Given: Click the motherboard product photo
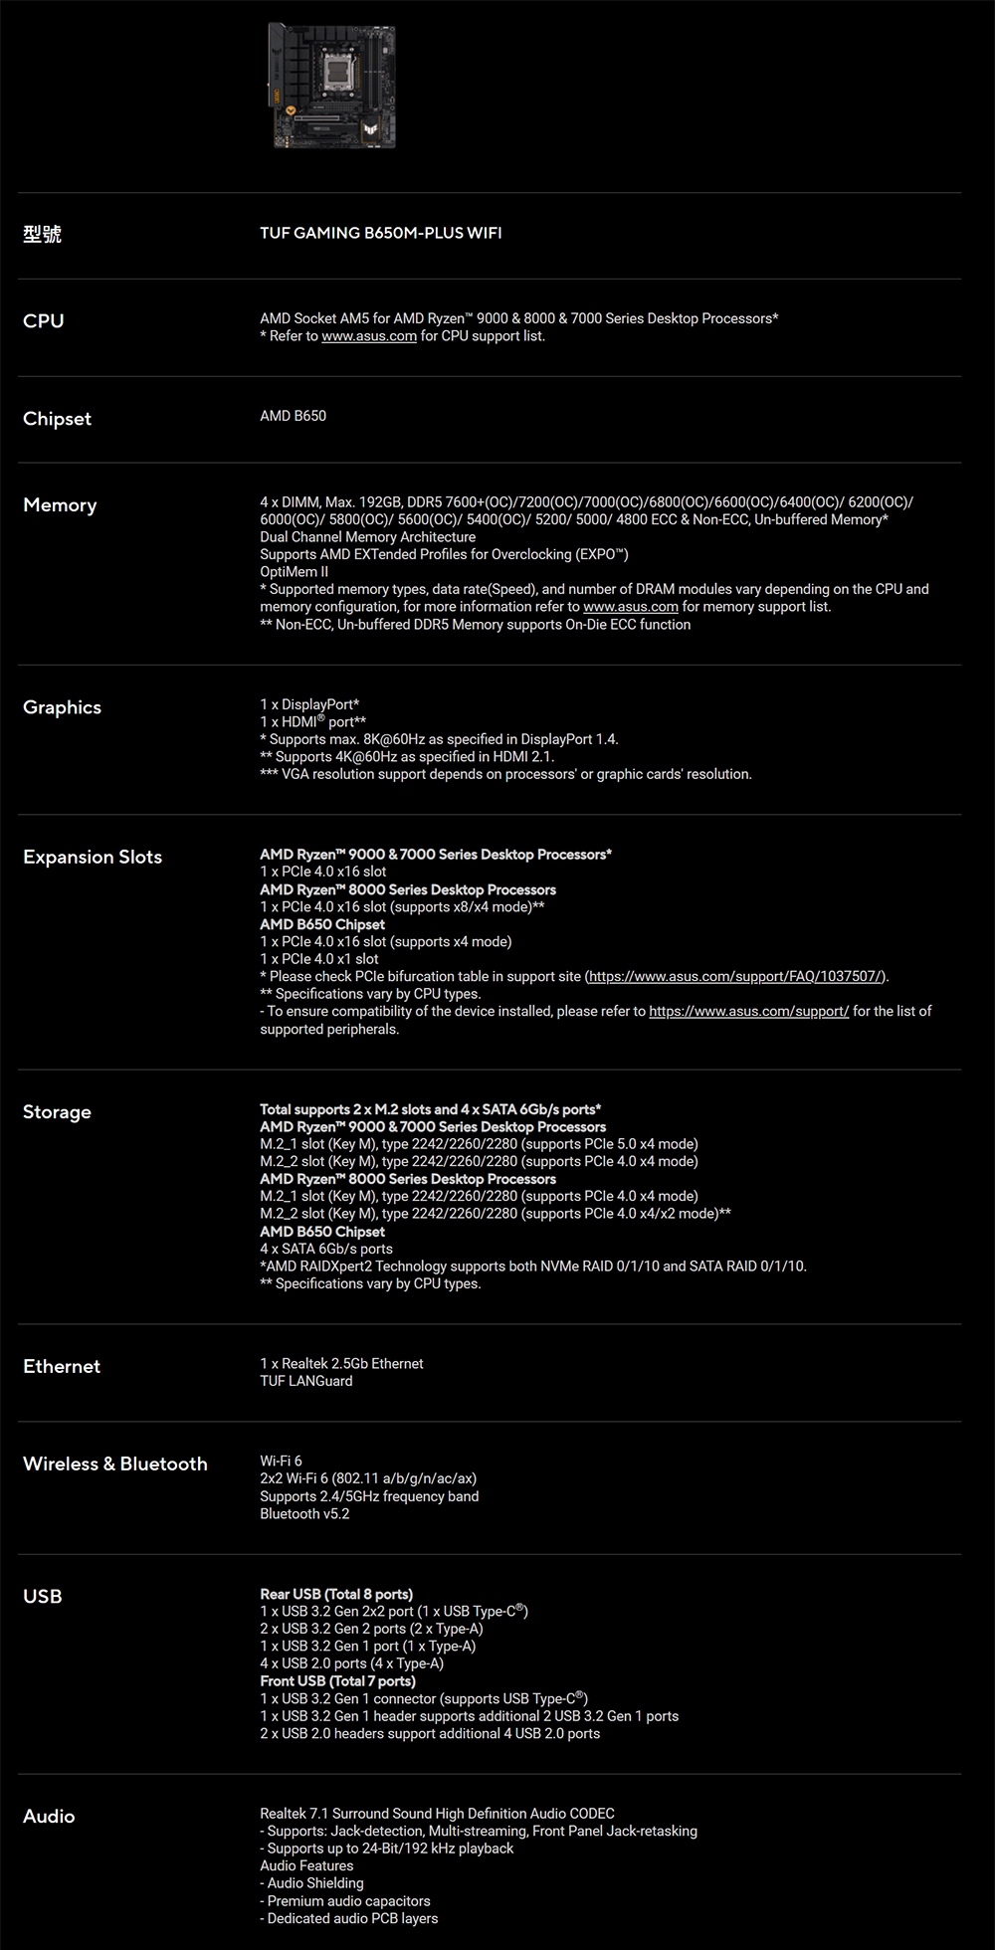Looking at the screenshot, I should coord(333,86).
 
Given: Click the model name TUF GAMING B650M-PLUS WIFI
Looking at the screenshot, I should coord(380,233).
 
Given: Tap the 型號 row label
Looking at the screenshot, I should coord(42,234).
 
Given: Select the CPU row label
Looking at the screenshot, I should coord(44,320).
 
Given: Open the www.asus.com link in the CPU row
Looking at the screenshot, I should coord(369,336).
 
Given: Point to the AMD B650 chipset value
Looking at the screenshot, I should coord(293,416).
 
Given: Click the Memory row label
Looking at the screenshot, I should coord(60,505).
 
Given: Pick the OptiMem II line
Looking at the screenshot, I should coord(294,572).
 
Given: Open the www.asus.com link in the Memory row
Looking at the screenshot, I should coord(630,607).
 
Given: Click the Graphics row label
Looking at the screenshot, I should coord(62,707).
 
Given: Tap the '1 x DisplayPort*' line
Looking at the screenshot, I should coord(309,704).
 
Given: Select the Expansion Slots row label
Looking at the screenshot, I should coord(93,857).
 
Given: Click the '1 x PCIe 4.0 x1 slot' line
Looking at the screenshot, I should coord(318,959).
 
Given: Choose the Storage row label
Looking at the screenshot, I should coord(57,1111).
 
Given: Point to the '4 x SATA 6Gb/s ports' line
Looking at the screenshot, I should coord(326,1249).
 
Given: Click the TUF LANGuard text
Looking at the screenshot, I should coord(306,1381).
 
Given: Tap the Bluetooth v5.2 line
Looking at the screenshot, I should coord(304,1514).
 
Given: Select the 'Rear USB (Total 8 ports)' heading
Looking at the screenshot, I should coord(336,1594).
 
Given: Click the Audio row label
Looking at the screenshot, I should coord(49,1816).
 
